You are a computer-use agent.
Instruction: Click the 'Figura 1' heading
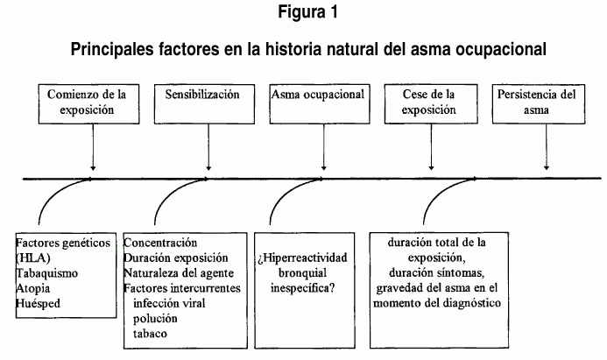tap(307, 11)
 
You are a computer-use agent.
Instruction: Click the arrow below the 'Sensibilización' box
tap(208, 147)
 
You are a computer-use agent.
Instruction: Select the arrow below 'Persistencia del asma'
tap(547, 147)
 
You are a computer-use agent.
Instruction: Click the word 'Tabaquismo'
tap(46, 273)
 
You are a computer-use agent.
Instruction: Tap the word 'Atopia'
tap(33, 288)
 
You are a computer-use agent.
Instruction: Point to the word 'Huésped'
tap(38, 303)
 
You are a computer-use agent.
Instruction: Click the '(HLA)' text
tap(33, 258)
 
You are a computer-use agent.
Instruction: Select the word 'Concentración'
tap(160, 244)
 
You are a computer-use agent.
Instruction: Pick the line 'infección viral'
tap(169, 303)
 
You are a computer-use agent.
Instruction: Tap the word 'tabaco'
tap(150, 334)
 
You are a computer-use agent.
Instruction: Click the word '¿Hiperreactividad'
tap(303, 258)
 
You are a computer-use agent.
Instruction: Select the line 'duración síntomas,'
tap(437, 273)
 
